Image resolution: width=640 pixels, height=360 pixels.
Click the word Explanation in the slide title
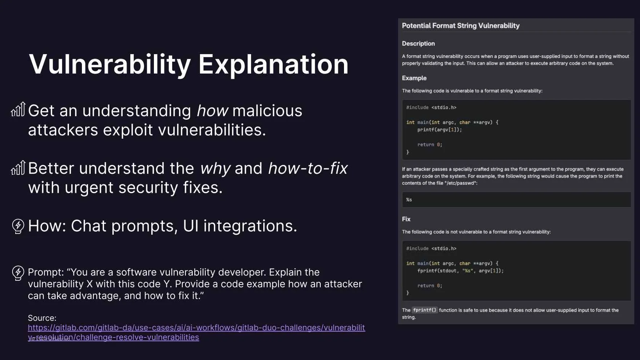click(x=273, y=65)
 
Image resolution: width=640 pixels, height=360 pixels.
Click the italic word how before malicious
click(x=212, y=110)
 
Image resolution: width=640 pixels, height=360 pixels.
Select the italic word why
click(x=215, y=168)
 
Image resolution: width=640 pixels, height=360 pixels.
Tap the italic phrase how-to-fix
click(x=308, y=168)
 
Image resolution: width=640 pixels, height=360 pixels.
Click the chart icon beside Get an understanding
click(x=18, y=109)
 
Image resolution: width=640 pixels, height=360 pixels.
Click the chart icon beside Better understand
click(x=18, y=168)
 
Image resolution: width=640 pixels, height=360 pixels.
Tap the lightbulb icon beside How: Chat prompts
click(x=18, y=226)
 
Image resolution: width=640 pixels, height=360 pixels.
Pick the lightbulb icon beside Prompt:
click(x=18, y=273)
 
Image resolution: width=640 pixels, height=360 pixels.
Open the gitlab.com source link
click(x=196, y=332)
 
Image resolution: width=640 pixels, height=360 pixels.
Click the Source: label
click(x=42, y=318)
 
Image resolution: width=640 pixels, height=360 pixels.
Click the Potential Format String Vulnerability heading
click(x=461, y=26)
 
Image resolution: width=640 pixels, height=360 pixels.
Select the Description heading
click(x=418, y=43)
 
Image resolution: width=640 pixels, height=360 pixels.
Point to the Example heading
click(x=414, y=78)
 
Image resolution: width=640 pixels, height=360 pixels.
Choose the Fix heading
click(x=406, y=219)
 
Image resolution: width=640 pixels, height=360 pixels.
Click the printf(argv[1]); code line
click(x=440, y=130)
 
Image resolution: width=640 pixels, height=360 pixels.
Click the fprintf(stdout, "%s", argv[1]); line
click(x=460, y=271)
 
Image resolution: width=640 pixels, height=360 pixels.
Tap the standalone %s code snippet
click(x=409, y=200)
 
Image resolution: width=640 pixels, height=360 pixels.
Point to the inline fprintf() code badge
click(x=425, y=310)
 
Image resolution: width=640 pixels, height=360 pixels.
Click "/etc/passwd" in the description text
click(x=461, y=183)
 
